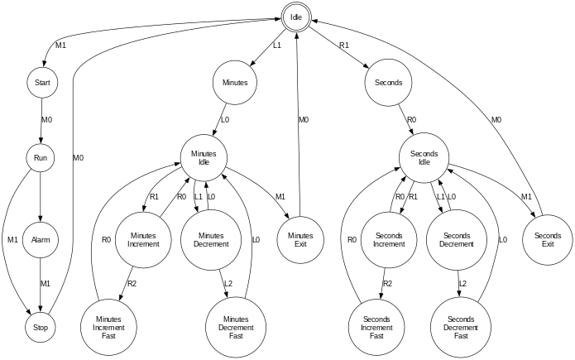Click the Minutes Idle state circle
pos(204,156)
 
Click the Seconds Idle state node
pos(424,156)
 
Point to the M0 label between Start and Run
pos(47,119)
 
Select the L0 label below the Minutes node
pos(224,119)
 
